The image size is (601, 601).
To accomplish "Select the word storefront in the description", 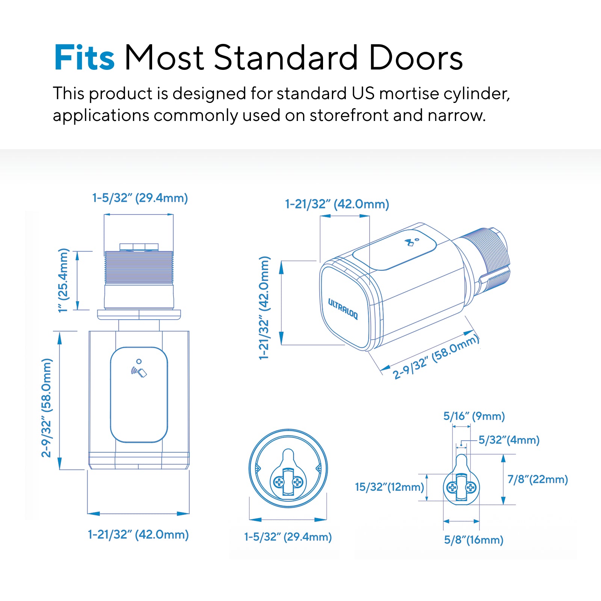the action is (x=349, y=115).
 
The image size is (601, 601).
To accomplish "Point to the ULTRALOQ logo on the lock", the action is (x=343, y=309).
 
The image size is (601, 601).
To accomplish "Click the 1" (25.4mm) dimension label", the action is (x=63, y=280).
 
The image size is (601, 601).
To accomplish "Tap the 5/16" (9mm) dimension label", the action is (x=474, y=416).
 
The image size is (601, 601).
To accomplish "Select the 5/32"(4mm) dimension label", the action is (x=509, y=440).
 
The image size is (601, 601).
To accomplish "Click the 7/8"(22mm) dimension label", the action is (x=538, y=479).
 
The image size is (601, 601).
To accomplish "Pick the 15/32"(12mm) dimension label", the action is (x=390, y=487).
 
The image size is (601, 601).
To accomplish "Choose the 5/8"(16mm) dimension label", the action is (x=474, y=540).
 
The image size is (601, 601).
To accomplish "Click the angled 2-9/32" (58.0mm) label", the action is (x=436, y=357).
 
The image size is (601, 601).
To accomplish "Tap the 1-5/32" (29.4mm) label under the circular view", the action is (x=288, y=537).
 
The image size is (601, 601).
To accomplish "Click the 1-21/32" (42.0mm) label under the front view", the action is (x=138, y=535).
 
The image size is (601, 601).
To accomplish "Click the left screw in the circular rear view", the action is (x=279, y=482).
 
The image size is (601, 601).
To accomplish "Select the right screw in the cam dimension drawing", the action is (x=471, y=488).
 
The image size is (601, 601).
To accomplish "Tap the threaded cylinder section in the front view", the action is (x=139, y=267).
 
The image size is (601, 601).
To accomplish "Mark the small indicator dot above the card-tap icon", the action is (x=139, y=361).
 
